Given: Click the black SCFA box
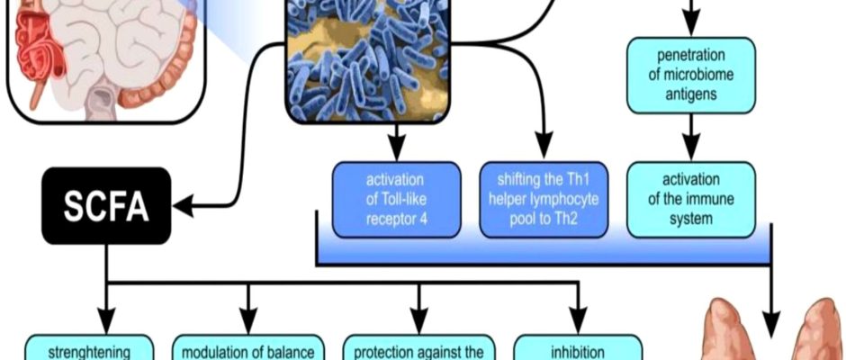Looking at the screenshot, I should (105, 205).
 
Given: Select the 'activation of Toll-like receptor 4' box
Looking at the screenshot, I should (396, 199).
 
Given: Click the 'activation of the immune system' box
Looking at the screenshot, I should (689, 199).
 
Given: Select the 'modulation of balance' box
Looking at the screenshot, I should (247, 349).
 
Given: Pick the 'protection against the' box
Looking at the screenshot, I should (419, 349).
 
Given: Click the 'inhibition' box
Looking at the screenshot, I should (578, 349).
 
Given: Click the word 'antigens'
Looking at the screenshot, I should (689, 93).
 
